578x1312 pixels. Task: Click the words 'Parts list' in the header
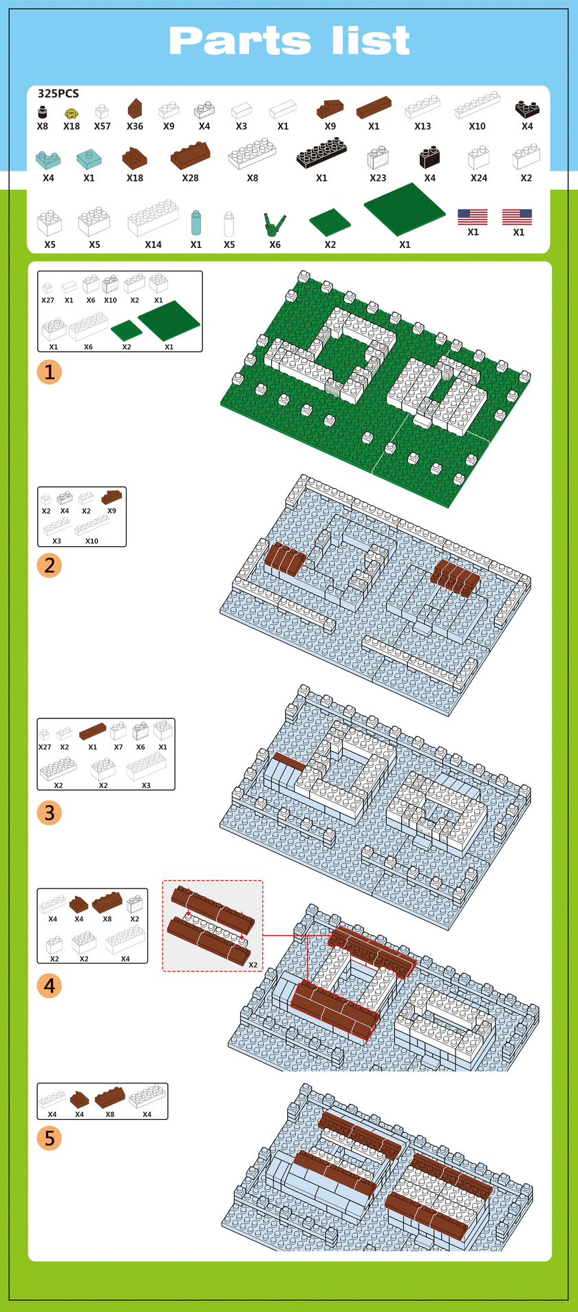click(289, 41)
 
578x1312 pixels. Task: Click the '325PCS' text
click(58, 94)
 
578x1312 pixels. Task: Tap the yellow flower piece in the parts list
click(71, 113)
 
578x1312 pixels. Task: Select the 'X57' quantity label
click(103, 127)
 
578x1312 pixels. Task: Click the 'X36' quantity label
click(135, 127)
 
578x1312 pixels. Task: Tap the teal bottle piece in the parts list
click(196, 223)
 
